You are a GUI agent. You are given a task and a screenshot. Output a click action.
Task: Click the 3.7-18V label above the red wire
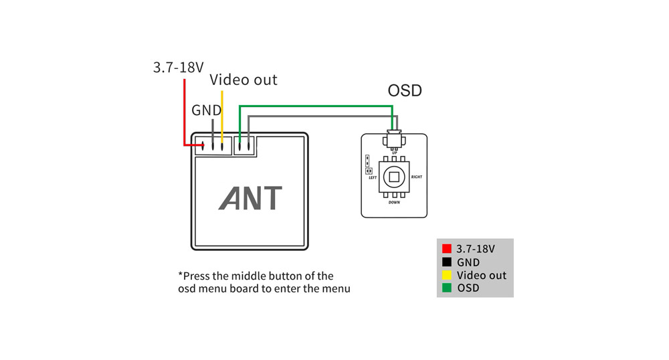[179, 68]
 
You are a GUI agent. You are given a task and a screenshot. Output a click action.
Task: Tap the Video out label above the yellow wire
[244, 80]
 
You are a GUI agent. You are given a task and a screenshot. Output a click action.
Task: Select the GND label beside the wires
[207, 110]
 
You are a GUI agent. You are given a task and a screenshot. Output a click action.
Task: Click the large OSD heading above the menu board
[405, 90]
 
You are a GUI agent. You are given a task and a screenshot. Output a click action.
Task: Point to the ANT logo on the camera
[250, 198]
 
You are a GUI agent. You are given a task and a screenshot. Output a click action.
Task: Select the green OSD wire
[316, 106]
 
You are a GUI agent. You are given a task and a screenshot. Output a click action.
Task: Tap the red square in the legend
[447, 249]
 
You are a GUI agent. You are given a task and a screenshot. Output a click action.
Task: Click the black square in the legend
[447, 262]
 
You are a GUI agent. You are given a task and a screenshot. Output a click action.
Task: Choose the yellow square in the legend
[447, 275]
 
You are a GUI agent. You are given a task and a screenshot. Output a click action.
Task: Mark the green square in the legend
[447, 288]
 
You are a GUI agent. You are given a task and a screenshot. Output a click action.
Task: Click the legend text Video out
[481, 275]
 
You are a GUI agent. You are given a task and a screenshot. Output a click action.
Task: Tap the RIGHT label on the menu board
[416, 177]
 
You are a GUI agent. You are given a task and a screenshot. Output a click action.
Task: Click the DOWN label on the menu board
[394, 202]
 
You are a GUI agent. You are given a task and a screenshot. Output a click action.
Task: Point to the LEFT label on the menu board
[373, 177]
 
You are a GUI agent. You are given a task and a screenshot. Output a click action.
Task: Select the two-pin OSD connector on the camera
[244, 146]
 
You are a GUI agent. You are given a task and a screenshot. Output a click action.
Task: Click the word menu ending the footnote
[336, 289]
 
